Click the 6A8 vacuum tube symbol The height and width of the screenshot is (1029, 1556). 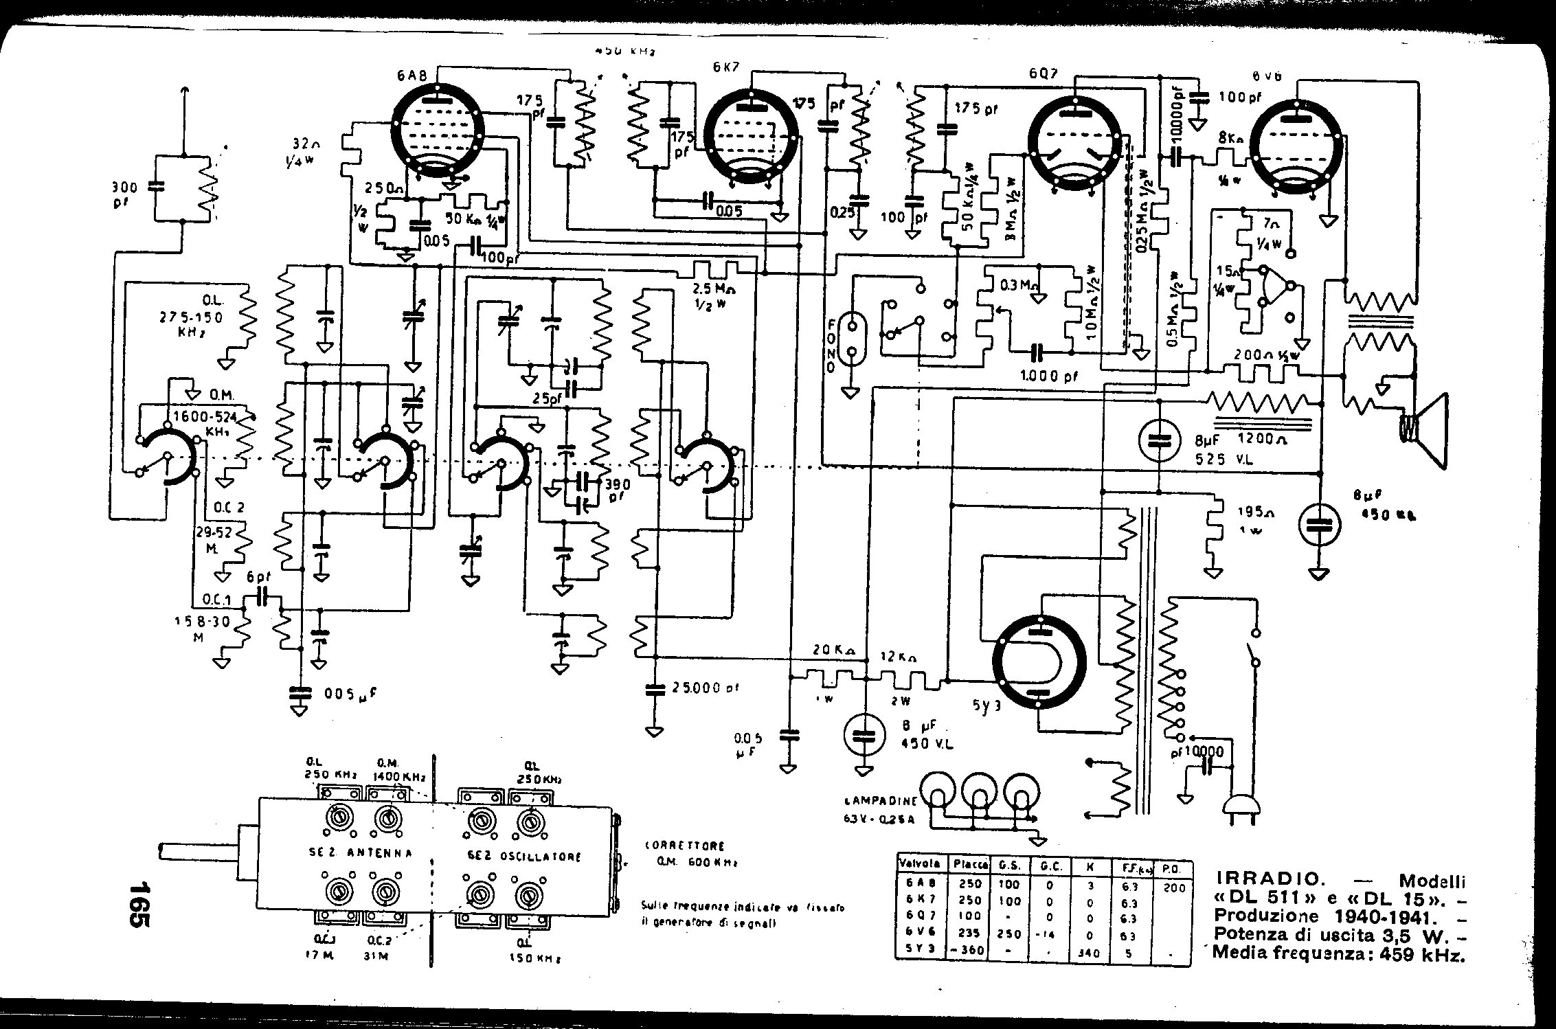point(438,132)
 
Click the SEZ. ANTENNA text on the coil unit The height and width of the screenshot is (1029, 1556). point(360,853)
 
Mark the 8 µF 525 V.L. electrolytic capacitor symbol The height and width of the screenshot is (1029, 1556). point(1158,440)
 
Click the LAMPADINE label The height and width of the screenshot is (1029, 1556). point(879,801)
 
